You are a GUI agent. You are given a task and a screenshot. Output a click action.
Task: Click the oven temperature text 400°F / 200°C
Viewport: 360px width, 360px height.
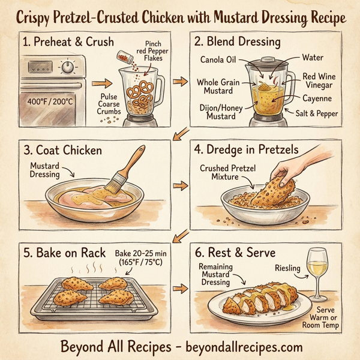click(x=50, y=101)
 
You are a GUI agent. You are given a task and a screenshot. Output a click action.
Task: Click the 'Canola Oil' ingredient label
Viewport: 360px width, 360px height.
click(x=223, y=58)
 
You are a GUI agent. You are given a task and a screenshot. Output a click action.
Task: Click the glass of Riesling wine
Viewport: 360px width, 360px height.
click(x=317, y=266)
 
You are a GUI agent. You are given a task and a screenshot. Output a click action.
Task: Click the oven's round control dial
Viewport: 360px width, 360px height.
click(x=67, y=67)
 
